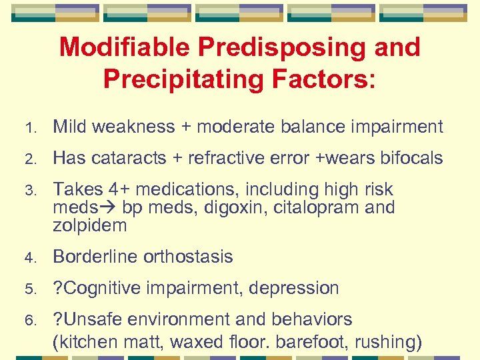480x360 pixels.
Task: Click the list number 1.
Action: (x=29, y=127)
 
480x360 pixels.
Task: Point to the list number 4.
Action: (x=29, y=257)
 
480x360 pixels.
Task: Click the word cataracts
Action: (x=129, y=158)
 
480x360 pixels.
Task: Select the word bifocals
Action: (x=411, y=158)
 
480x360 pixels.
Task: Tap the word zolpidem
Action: (x=89, y=225)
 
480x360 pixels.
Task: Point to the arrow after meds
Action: (x=111, y=207)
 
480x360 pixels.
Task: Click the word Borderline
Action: (x=96, y=257)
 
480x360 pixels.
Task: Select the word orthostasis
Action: (x=189, y=257)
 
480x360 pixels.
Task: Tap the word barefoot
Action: (x=315, y=343)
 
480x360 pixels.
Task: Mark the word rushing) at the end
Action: (x=389, y=343)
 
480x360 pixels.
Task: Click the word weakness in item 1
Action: (x=135, y=127)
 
